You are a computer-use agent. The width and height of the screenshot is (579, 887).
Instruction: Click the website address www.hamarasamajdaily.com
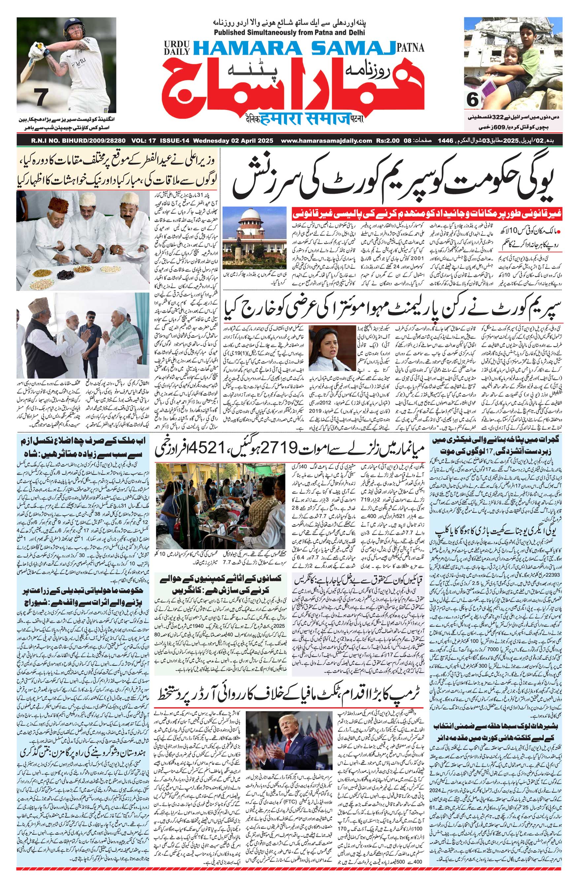pyautogui.click(x=327, y=141)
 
